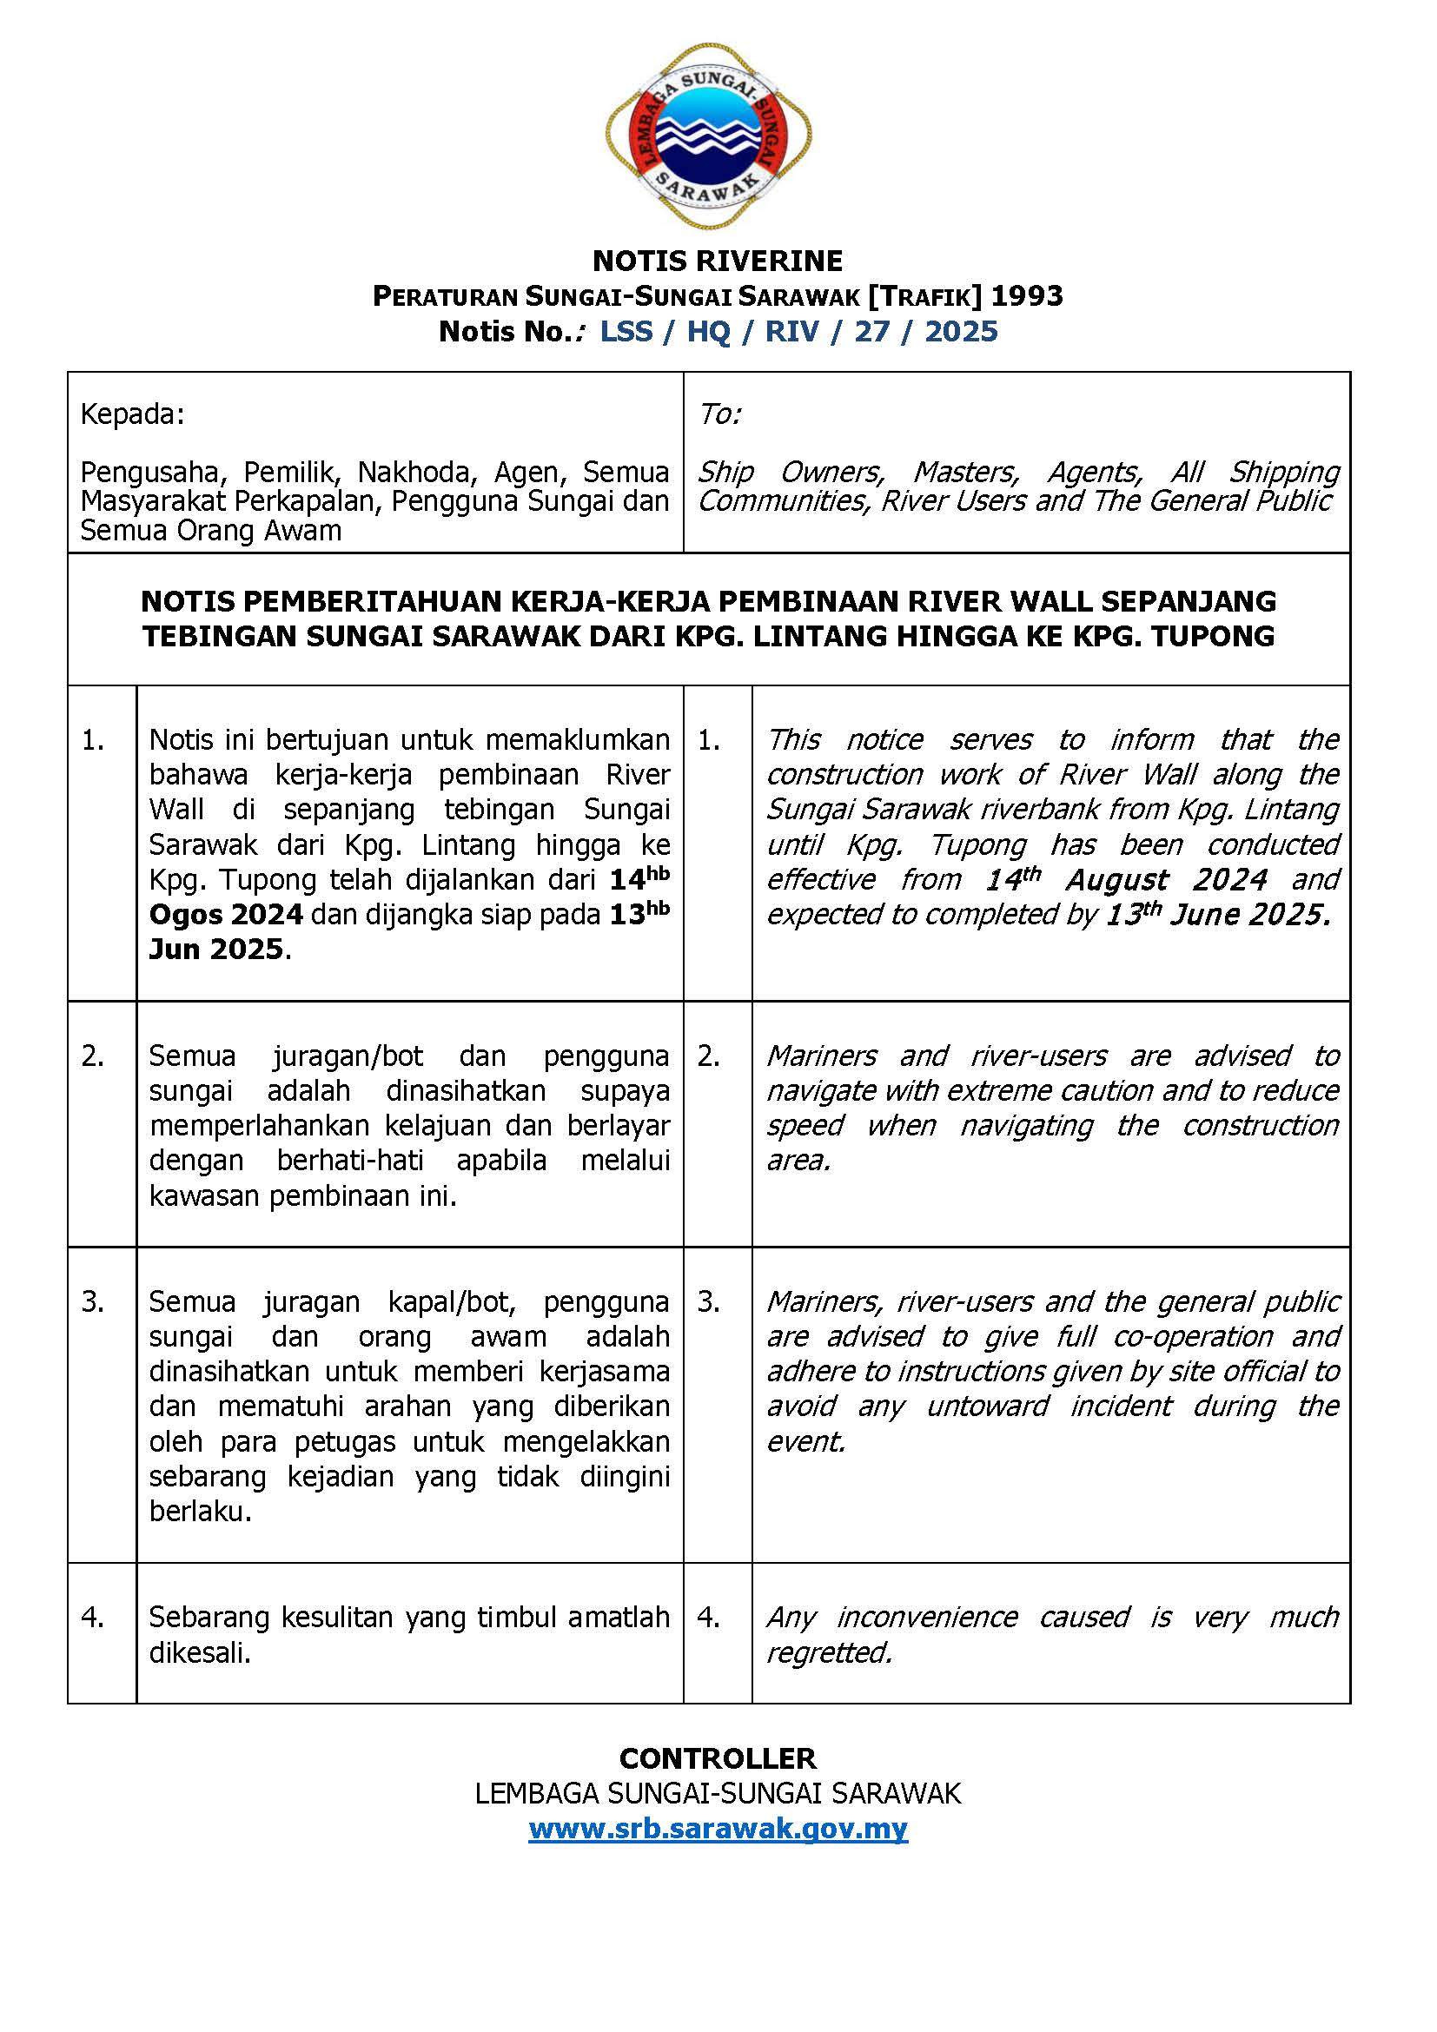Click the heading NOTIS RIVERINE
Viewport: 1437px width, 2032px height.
coord(718,261)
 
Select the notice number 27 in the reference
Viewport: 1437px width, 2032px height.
coord(871,332)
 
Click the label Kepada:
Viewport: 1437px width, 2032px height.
coord(133,414)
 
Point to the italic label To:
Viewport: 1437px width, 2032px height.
coord(719,414)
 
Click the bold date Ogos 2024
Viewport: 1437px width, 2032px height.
coord(227,914)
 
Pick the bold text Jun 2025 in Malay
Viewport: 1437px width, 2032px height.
coord(216,950)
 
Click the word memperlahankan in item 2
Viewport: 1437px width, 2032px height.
coord(262,1126)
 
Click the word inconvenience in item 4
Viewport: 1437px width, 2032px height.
coord(926,1618)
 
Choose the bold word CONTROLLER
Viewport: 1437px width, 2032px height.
coord(718,1757)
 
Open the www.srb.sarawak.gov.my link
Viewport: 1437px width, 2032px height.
coord(718,1829)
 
